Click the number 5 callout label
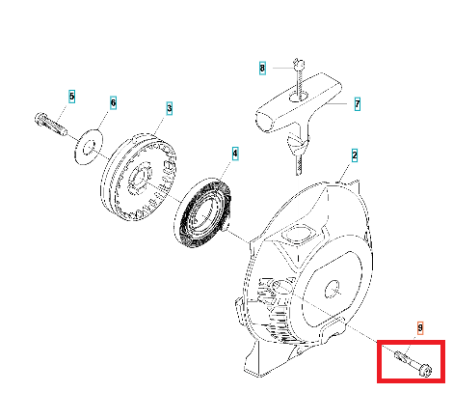[x=72, y=97]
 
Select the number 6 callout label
[x=113, y=103]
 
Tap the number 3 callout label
[x=170, y=108]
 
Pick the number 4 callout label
[x=235, y=154]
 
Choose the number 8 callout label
[x=262, y=69]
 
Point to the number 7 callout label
[x=358, y=104]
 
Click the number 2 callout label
[x=355, y=155]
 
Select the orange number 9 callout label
[x=420, y=328]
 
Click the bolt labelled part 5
[x=50, y=124]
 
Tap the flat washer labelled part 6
[x=89, y=147]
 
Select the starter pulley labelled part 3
[x=139, y=178]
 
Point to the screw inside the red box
[x=413, y=362]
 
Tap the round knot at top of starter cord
[x=299, y=66]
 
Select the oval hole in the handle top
[x=299, y=96]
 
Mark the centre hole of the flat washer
[x=89, y=147]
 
